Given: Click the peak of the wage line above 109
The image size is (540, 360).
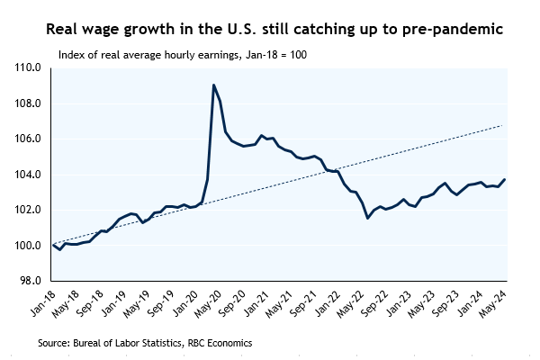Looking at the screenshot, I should (213, 85).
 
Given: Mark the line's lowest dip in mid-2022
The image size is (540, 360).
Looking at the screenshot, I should (367, 218).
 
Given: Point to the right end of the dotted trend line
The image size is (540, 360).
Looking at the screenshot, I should (501, 125).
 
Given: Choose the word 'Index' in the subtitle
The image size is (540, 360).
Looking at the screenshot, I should (71, 54).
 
